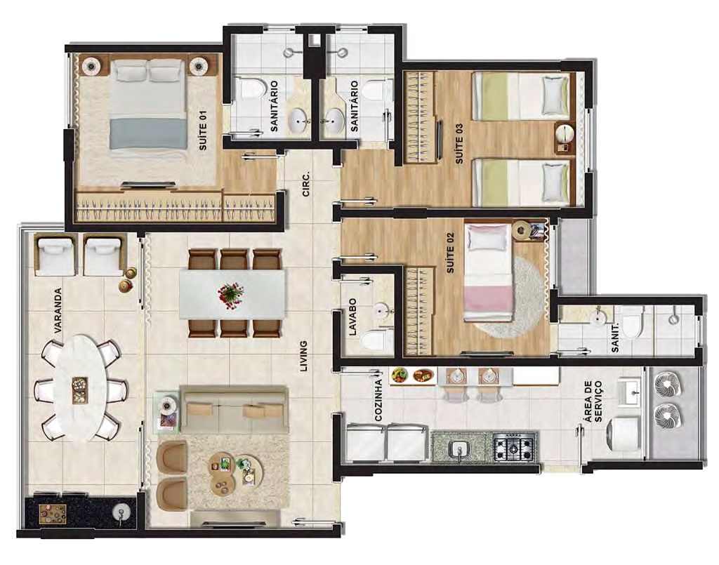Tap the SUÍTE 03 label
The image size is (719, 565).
coord(459,143)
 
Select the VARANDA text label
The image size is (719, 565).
coord(58,310)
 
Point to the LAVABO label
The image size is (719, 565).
coord(352,317)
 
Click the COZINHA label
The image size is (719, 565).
coord(378,400)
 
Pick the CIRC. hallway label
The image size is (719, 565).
coord(306,184)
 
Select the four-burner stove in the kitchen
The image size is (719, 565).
coord(515,447)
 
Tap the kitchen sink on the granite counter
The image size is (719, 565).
coord(459,449)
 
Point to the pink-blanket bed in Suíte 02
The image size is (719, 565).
coord(488,272)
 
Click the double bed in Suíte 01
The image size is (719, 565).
coord(148,105)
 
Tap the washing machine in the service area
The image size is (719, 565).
coord(624,432)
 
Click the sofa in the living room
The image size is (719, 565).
coord(233,409)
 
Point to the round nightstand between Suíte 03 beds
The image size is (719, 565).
coord(565,135)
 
